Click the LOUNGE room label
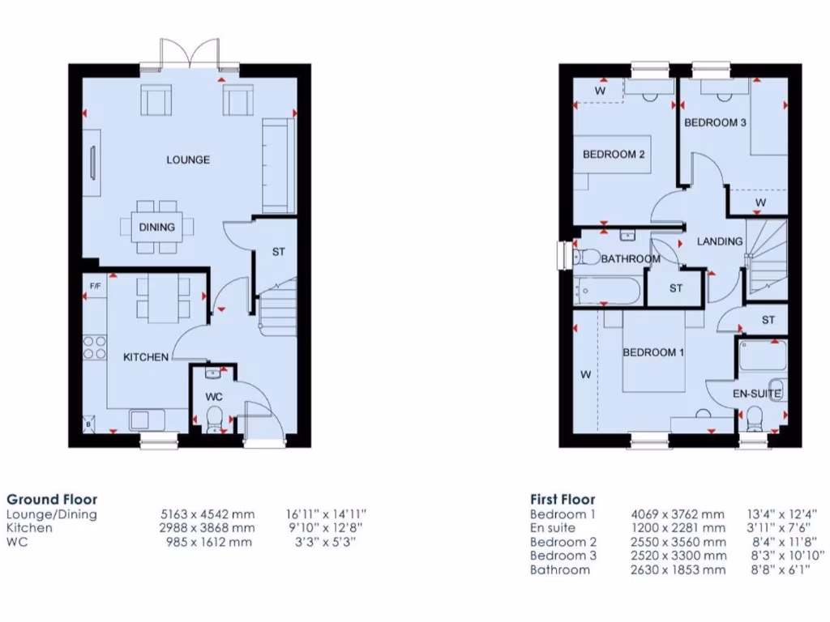[188, 160]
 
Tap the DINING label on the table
[156, 227]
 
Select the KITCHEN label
[146, 356]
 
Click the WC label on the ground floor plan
[214, 397]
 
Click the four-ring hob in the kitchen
[95, 347]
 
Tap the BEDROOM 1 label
[653, 352]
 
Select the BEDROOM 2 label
[614, 154]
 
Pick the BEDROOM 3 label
[715, 122]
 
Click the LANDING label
[720, 241]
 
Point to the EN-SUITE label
[756, 394]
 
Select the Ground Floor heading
[51, 500]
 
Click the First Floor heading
[563, 500]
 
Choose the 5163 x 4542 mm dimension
[207, 514]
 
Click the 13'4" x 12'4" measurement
[781, 514]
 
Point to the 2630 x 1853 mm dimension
[678, 569]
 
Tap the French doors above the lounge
[190, 55]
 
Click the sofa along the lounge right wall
[277, 166]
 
